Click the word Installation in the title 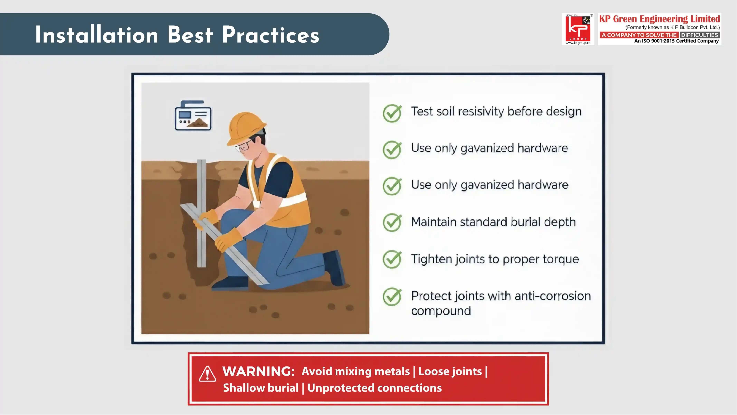pos(97,35)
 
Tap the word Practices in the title pos(271,35)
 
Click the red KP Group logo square pos(578,29)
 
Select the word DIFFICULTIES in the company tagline pos(700,35)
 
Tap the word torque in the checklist pos(561,259)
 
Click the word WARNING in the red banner pos(259,371)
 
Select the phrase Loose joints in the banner pos(450,371)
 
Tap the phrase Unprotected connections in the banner pos(374,388)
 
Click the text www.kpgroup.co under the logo pos(578,43)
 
